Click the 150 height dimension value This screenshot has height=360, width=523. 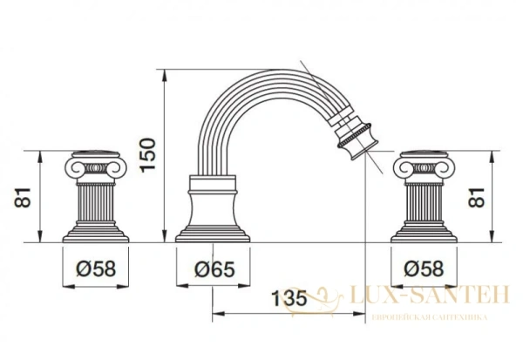(148, 155)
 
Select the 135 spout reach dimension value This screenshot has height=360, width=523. (289, 298)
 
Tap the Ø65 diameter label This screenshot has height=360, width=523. (214, 269)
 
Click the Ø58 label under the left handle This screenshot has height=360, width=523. (96, 268)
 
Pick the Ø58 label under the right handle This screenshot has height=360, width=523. (424, 268)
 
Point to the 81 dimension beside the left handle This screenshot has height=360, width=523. (23, 198)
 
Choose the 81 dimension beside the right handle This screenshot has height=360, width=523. (476, 198)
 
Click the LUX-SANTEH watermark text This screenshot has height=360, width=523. (429, 295)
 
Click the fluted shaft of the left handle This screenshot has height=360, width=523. (96, 203)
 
